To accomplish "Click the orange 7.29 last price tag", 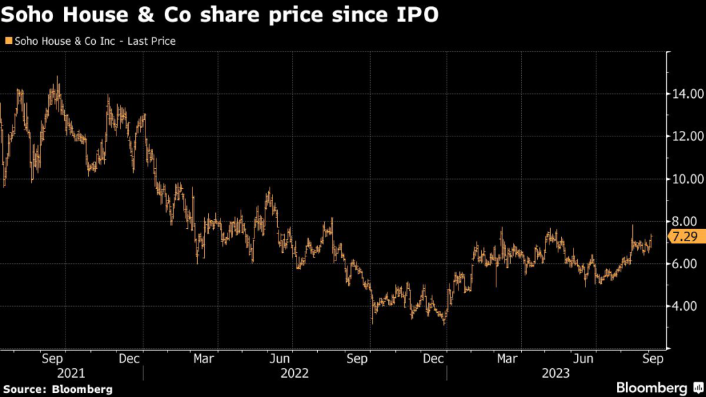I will click(x=683, y=237).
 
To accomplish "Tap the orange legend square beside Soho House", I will click(x=8, y=41).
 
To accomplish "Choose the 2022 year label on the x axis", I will click(x=295, y=373).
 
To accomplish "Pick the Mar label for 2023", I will click(x=507, y=359).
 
